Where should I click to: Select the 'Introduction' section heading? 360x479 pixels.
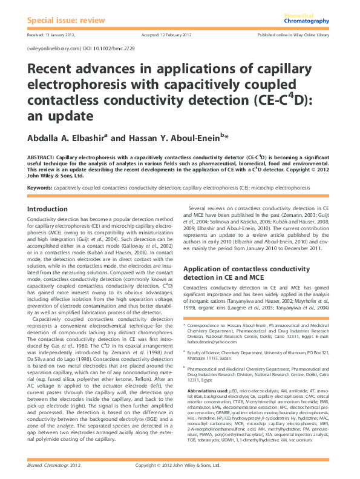[x=48, y=209]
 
